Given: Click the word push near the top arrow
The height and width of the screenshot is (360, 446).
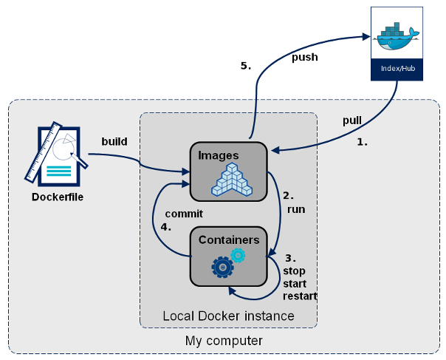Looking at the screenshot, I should (x=306, y=57).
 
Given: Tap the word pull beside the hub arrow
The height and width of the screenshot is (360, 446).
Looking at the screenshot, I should (x=352, y=120).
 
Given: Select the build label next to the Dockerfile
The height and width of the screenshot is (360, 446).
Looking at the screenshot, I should (x=114, y=140).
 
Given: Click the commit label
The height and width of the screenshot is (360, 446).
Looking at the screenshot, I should (x=184, y=214).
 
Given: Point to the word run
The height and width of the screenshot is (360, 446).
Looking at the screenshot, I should (x=296, y=209).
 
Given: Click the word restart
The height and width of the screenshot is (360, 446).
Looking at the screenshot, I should (x=299, y=296).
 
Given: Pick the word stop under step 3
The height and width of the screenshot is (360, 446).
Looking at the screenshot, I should (x=295, y=271).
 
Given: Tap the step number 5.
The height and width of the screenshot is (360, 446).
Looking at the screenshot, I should (x=246, y=66).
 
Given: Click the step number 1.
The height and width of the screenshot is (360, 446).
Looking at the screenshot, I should (x=362, y=141).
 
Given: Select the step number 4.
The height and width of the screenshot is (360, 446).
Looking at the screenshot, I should (x=166, y=227).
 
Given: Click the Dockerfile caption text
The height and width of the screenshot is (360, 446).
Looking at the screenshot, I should (x=58, y=197).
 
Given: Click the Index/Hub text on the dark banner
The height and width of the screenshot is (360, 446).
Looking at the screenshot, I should (x=397, y=69).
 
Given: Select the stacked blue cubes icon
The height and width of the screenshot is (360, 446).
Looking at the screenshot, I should (x=232, y=180).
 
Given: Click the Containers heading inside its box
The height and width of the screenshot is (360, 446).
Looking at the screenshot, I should (x=229, y=240).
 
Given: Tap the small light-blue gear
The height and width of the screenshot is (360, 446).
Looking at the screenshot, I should (x=238, y=255).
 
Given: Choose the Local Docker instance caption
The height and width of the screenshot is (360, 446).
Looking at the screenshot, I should (x=228, y=316).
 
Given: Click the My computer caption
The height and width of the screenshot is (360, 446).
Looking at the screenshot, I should (x=223, y=341).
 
